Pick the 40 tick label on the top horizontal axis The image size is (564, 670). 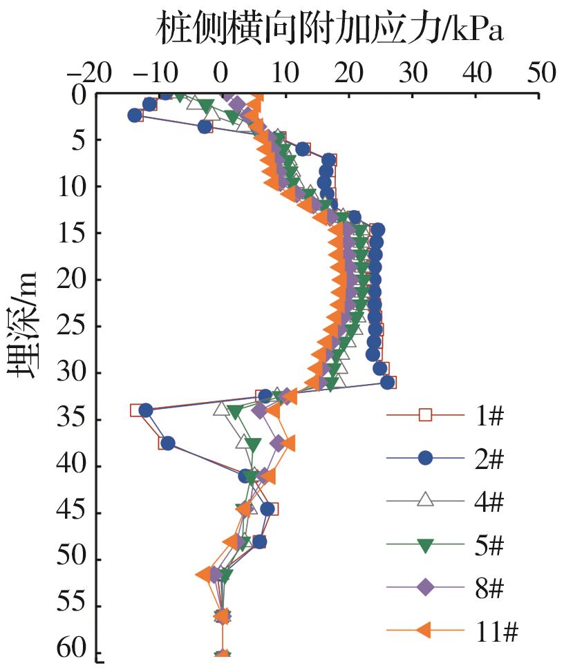click(x=476, y=71)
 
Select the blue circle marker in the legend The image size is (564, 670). click(x=426, y=457)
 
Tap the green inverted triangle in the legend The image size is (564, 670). click(x=426, y=546)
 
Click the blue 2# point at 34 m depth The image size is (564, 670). click(x=146, y=410)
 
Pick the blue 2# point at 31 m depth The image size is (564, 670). click(x=388, y=382)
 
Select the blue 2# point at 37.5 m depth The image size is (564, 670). click(x=168, y=443)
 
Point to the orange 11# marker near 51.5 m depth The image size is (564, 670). click(x=205, y=574)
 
